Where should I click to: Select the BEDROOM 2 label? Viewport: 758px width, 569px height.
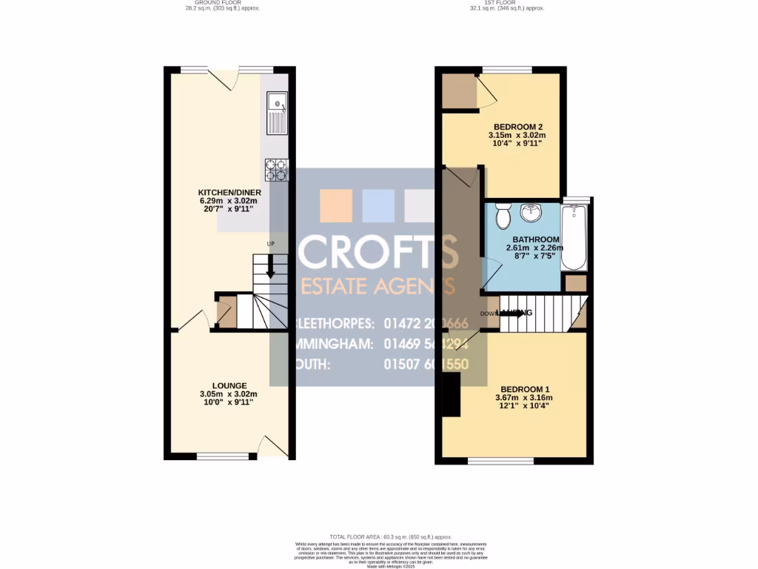pos(517,127)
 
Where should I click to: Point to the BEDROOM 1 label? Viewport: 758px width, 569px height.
pos(524,389)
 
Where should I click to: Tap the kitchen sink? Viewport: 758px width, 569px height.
pos(278,113)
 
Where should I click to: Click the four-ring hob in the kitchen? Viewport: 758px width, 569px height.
pos(276,170)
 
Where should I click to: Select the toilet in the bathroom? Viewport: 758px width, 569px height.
pos(503,216)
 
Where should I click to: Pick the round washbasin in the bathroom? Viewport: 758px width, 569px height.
pos(531,213)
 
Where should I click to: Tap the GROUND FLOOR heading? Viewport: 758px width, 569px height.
pos(222,4)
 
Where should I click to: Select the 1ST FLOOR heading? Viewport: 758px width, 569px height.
pos(507,4)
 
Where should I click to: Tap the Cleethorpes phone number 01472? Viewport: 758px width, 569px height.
pos(426,324)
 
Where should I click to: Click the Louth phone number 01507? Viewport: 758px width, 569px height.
pos(426,365)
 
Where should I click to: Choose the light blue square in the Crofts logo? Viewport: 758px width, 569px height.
pos(378,206)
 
